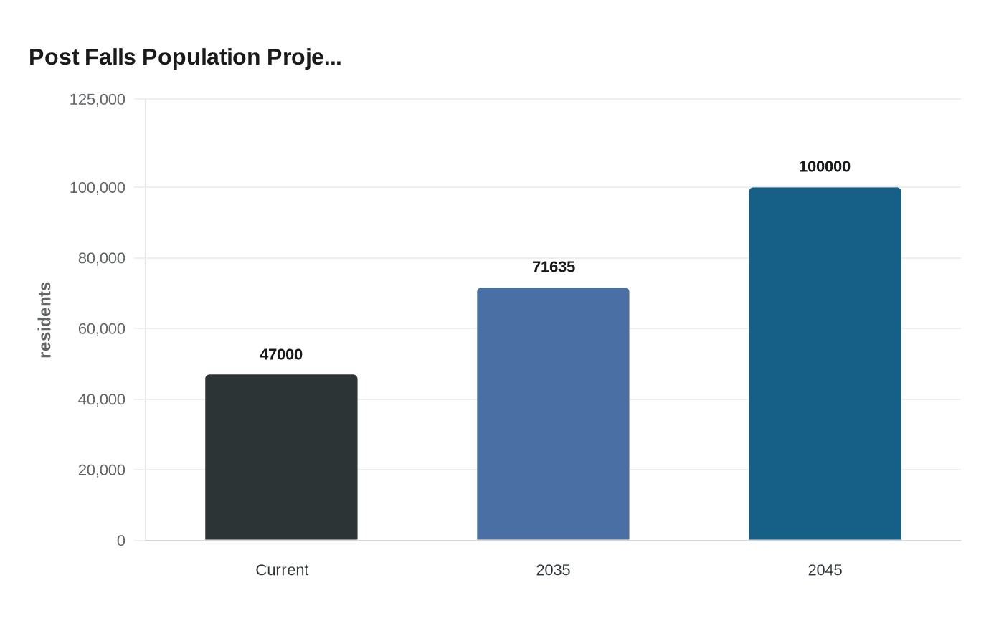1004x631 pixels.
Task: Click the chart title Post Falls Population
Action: (x=184, y=57)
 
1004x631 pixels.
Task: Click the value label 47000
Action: (x=281, y=354)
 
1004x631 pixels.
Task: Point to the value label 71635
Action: (x=554, y=267)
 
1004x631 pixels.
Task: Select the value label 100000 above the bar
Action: (x=825, y=166)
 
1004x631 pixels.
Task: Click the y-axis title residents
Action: (x=45, y=320)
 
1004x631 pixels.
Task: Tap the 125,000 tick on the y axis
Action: (x=98, y=99)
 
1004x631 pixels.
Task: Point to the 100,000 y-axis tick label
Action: (x=98, y=187)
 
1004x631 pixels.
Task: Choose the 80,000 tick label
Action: (x=102, y=258)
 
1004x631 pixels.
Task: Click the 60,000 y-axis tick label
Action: (x=102, y=328)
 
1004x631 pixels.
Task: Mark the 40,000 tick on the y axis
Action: (x=102, y=399)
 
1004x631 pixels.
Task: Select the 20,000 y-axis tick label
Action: (x=102, y=470)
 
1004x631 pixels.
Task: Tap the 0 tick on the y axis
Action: (x=121, y=541)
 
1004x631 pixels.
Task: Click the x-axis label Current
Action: (x=282, y=570)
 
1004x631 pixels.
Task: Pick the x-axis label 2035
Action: (x=553, y=570)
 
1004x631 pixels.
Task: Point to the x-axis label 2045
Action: (x=825, y=570)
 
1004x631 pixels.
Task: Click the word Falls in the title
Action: (x=110, y=57)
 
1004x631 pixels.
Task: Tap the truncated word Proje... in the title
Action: (x=304, y=57)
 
